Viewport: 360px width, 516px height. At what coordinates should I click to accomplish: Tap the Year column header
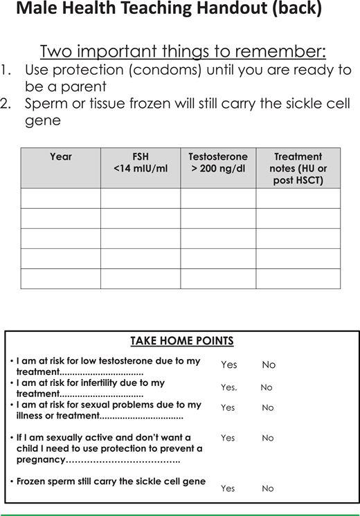[x=61, y=157]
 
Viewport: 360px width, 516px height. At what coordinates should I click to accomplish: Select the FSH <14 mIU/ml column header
[x=141, y=163]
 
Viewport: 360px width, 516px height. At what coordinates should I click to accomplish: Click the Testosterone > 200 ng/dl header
[x=218, y=163]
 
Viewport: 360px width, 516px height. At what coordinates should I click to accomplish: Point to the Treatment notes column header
[x=298, y=168]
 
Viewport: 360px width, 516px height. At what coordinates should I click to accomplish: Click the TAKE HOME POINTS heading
[x=182, y=341]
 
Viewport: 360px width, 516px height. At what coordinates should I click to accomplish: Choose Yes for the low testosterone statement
[x=228, y=365]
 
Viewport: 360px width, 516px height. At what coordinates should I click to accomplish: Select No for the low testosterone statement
[x=269, y=365]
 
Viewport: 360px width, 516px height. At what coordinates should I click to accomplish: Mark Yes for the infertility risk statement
[x=228, y=388]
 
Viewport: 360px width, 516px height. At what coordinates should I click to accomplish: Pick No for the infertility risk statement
[x=267, y=388]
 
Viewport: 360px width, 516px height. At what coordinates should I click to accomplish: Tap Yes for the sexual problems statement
[x=228, y=408]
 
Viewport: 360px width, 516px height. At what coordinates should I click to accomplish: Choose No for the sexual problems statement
[x=268, y=408]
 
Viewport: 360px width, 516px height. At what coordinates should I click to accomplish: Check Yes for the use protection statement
[x=228, y=438]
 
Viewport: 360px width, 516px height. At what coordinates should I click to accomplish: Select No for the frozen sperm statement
[x=268, y=488]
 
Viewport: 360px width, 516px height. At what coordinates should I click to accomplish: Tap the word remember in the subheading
[x=289, y=52]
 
